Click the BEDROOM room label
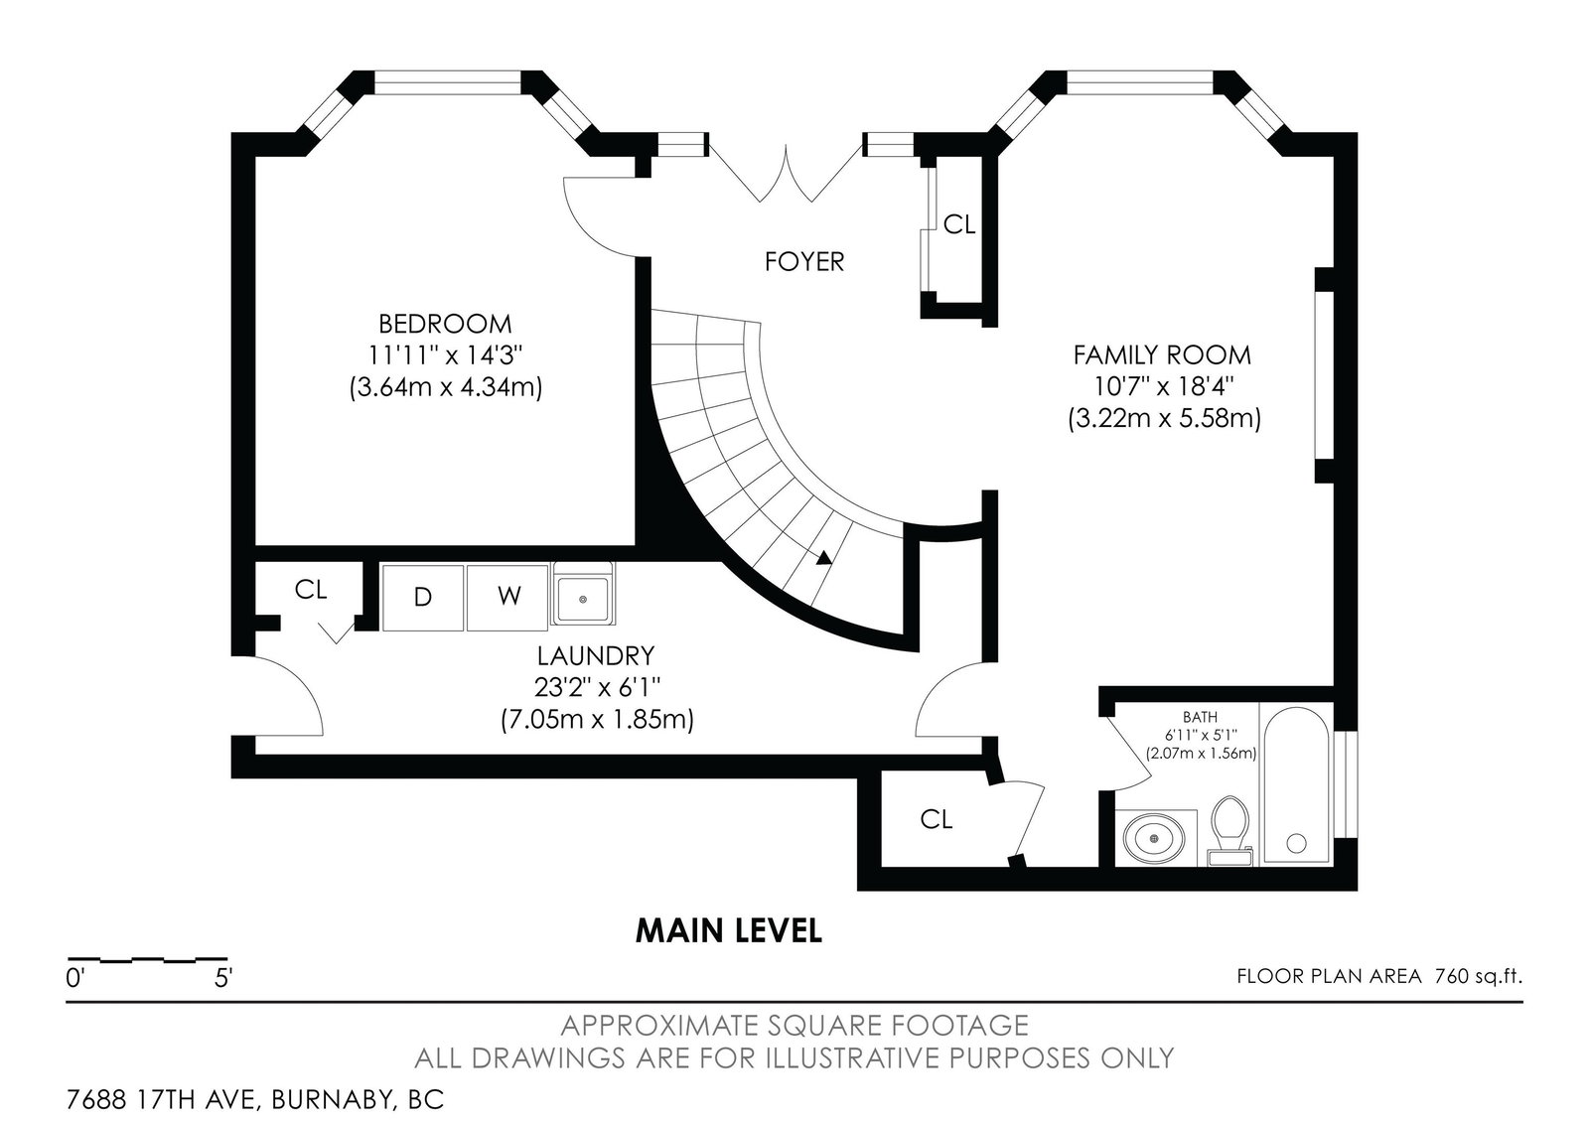coord(445,324)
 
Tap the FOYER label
coord(804,262)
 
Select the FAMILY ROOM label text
coord(1162,355)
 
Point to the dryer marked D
coord(423,597)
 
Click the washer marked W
coord(507,597)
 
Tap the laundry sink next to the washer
coord(583,594)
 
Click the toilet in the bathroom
coord(1230,831)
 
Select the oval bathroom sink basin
coord(1154,839)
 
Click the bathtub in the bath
coord(1296,785)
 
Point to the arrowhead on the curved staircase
coord(823,558)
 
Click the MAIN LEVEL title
coord(729,931)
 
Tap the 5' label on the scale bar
coord(223,979)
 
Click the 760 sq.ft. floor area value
coord(1479,977)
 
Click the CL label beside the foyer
coord(959,224)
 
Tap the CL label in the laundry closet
coord(311,590)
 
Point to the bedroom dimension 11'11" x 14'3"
coord(446,354)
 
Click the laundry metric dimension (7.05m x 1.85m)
coord(597,720)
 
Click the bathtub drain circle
coord(1297,843)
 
